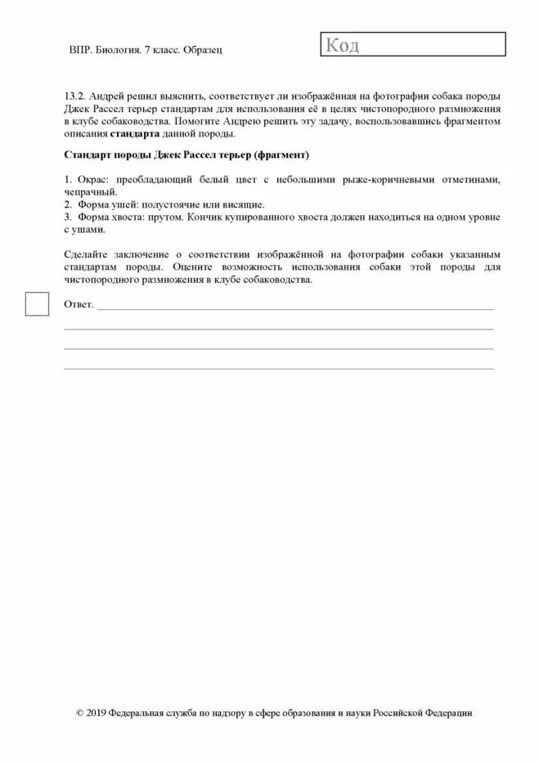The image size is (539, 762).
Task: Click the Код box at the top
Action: click(413, 45)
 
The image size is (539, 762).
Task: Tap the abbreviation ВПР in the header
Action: click(80, 50)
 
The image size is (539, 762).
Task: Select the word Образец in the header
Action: click(203, 50)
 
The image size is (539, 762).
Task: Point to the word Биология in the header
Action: click(119, 50)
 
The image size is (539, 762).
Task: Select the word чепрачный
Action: click(90, 191)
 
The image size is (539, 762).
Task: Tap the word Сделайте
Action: click(86, 254)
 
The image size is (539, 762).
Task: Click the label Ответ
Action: click(79, 304)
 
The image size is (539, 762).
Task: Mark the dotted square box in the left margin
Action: click(37, 303)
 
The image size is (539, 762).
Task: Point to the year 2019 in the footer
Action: click(97, 713)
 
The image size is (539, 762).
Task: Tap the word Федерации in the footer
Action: click(447, 713)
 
